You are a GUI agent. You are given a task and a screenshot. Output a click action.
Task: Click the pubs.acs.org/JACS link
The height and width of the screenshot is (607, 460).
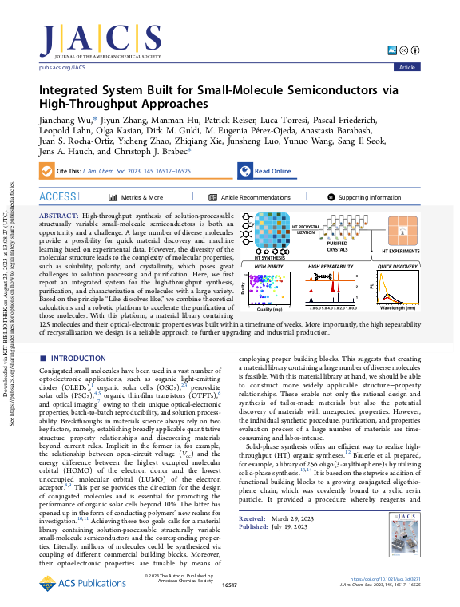(62, 68)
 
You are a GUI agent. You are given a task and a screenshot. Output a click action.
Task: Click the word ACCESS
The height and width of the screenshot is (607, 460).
(57, 196)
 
